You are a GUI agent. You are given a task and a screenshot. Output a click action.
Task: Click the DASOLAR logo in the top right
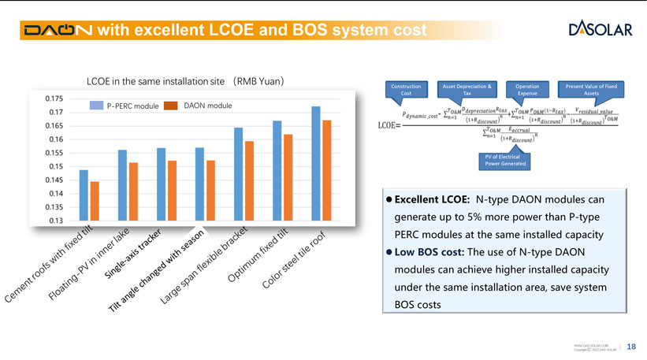point(599,29)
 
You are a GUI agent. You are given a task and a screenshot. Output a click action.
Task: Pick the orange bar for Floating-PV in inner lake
point(133,191)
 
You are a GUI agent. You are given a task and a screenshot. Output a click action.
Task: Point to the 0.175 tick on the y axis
point(53,99)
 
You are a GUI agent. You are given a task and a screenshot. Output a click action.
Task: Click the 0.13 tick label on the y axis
point(55,221)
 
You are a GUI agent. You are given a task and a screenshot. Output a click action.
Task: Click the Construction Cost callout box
point(406,89)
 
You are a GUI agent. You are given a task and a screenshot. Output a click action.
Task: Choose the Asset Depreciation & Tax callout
point(467,89)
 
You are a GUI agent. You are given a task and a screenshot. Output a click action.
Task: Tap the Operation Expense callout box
point(527,89)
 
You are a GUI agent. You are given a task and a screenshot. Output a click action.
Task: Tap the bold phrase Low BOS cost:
point(429,252)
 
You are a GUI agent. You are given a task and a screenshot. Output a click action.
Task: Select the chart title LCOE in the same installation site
point(185,80)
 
